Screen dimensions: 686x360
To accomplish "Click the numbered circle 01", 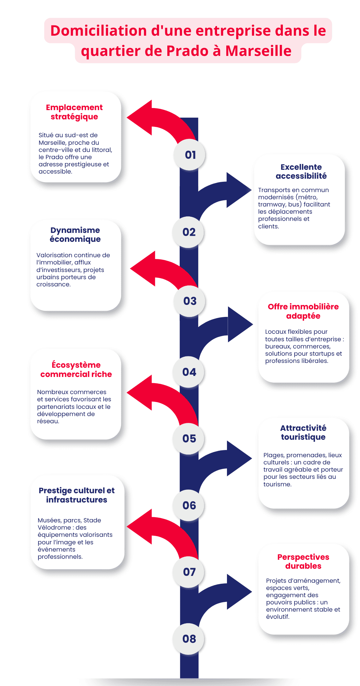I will coord(190,155).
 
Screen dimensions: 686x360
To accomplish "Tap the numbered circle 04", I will coord(189,372).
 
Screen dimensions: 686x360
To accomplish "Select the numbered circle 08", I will coord(189,639).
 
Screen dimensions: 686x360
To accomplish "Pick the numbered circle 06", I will coord(189,505).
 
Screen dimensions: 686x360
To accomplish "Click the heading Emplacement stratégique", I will coord(74,112).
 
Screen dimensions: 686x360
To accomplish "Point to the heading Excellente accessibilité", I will coord(301,171).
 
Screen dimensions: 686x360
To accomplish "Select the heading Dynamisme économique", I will coord(75,235).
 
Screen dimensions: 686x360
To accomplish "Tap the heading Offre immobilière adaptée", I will coord(303,311).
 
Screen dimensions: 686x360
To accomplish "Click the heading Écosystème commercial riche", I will coord(76,369).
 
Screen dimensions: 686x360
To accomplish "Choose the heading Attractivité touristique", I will coord(303,433).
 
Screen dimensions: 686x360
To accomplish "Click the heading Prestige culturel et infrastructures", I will coord(76,495).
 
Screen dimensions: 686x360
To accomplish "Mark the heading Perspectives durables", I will coord(303,561).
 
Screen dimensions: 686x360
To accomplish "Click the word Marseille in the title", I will coord(258,51).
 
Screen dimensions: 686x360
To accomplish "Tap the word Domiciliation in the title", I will coord(99,31).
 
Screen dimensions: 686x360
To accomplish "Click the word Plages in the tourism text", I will coord(274,455).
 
